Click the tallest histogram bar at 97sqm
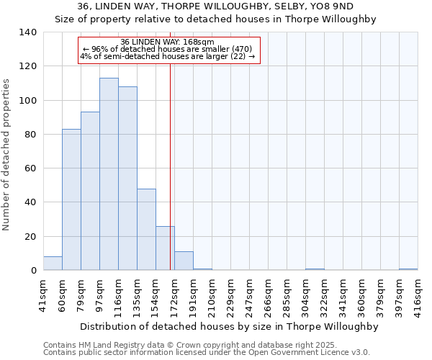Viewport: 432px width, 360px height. [x=109, y=174]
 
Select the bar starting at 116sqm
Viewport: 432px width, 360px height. [x=127, y=179]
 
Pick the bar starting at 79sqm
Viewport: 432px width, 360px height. [x=90, y=191]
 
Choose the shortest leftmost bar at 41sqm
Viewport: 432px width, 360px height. [x=53, y=264]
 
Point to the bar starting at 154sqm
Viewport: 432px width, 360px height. [x=165, y=248]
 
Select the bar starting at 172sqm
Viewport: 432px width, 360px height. [x=184, y=261]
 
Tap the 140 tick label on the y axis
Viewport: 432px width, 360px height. [x=28, y=32]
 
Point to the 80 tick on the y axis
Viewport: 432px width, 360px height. [x=31, y=135]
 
